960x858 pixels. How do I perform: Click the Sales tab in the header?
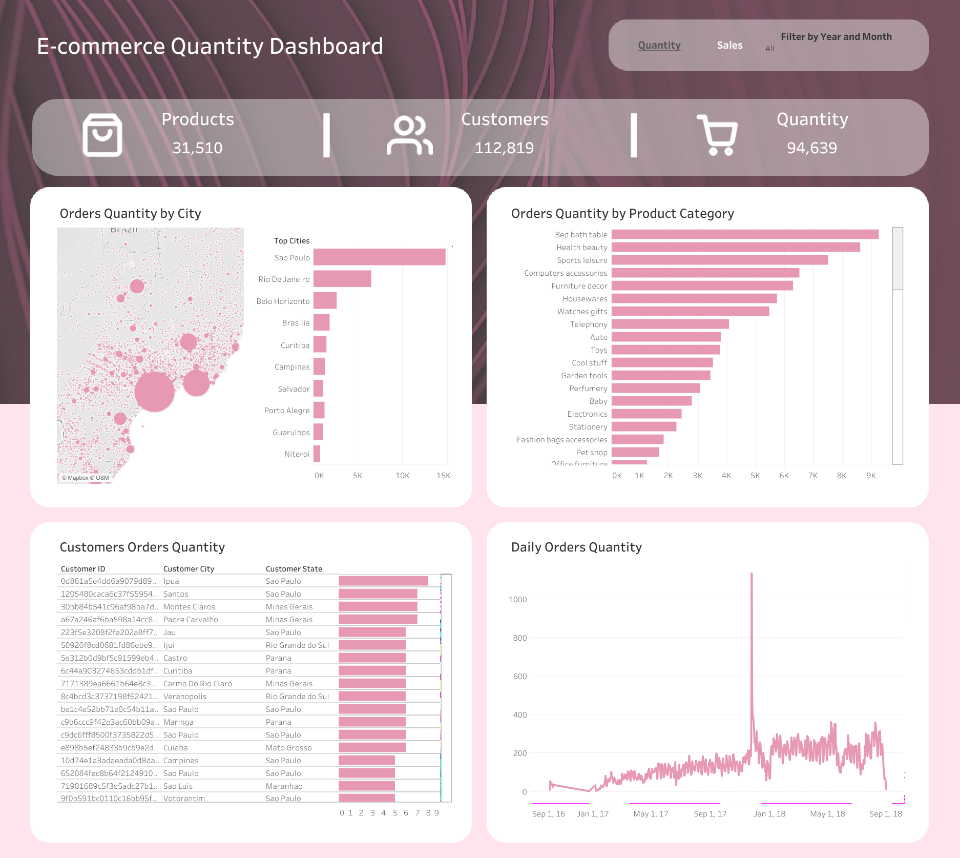tap(729, 45)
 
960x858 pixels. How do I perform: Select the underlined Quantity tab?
tap(659, 45)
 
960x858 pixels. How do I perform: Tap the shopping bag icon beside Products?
tap(102, 135)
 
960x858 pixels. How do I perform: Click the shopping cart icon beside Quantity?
tap(717, 135)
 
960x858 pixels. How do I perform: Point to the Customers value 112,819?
tap(504, 148)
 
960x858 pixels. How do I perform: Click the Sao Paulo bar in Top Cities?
tap(379, 257)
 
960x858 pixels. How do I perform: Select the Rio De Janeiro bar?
tap(342, 279)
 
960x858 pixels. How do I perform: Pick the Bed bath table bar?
tap(745, 234)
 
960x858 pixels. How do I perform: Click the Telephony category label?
tap(589, 324)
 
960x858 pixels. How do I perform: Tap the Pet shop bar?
tap(635, 452)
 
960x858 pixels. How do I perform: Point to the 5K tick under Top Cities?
tap(358, 476)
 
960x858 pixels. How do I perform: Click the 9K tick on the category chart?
tap(871, 476)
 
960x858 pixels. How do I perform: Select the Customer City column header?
tap(189, 569)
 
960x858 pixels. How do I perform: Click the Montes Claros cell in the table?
tap(189, 607)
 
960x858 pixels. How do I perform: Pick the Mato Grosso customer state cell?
tap(288, 748)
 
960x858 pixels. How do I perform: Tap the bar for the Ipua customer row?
tap(383, 581)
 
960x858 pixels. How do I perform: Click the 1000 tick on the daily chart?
tap(517, 600)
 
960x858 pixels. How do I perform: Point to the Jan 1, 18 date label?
tap(769, 814)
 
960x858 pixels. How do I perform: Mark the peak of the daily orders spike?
tap(752, 575)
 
